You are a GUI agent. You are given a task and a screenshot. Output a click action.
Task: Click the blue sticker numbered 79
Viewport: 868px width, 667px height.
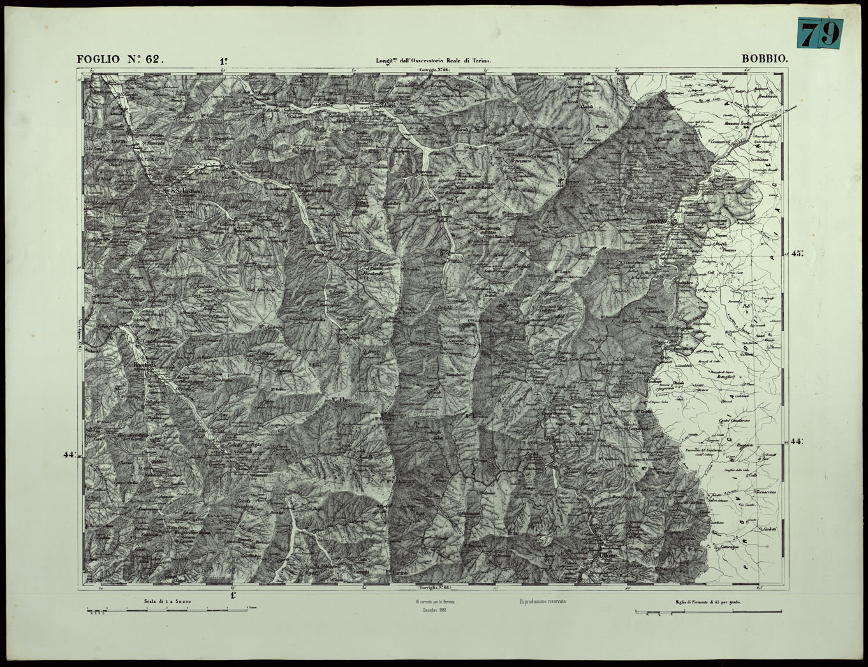click(x=820, y=33)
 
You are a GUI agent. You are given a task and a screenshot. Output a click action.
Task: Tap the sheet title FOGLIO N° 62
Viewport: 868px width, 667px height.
click(x=121, y=59)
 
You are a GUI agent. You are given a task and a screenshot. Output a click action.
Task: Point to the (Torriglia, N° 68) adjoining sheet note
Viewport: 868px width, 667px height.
click(x=434, y=587)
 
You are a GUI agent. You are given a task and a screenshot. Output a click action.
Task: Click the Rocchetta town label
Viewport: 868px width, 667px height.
click(x=142, y=365)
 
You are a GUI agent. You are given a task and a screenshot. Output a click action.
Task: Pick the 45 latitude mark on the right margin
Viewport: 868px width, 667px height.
click(x=797, y=253)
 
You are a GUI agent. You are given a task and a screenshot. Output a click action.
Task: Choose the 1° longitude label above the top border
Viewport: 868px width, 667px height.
click(x=224, y=62)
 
